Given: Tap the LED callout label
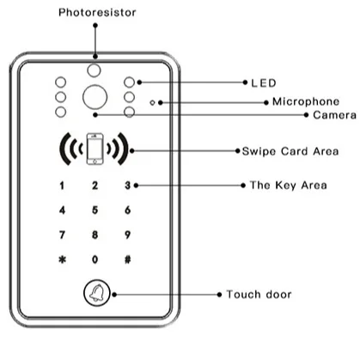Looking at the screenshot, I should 263,82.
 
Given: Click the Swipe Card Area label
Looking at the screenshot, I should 290,150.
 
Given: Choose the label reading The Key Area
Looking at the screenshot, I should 284,185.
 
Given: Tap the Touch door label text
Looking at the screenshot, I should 259,294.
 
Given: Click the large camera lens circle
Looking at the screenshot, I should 94,97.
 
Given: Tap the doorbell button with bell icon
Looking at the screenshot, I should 94,294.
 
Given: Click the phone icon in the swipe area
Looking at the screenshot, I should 94,149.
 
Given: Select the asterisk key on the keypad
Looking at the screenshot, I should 60,259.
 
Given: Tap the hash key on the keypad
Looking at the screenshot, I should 127,259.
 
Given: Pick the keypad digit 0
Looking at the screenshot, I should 94,259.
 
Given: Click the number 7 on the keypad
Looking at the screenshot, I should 60,234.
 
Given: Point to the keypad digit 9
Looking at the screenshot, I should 127,234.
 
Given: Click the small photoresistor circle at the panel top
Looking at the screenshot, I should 94,68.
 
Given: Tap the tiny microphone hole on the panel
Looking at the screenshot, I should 152,101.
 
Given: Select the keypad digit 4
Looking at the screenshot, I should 60,210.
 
